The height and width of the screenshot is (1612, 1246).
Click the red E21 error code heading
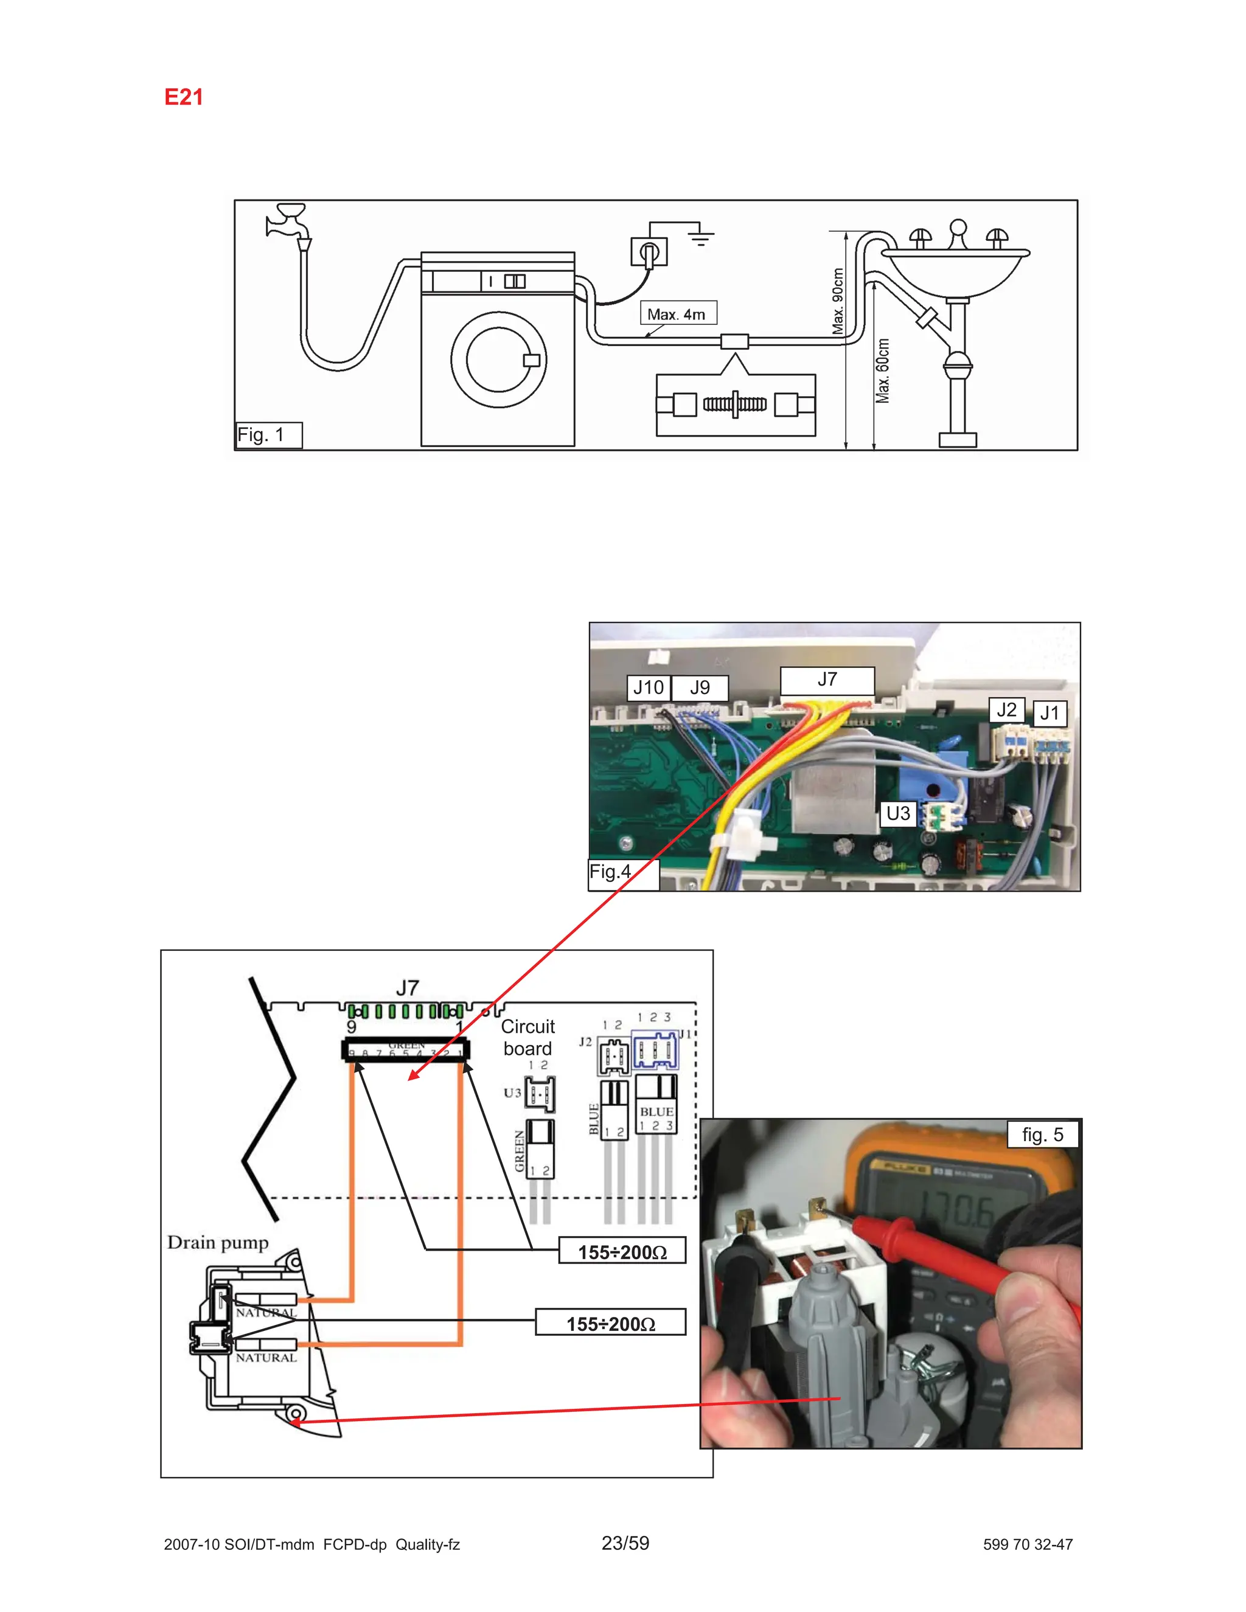[x=183, y=97]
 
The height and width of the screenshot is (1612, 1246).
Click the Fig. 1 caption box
[x=268, y=435]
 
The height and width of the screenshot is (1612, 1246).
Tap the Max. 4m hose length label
[x=677, y=314]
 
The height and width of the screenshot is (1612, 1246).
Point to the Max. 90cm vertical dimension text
[x=838, y=301]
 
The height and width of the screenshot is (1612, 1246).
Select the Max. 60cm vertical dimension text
[x=883, y=370]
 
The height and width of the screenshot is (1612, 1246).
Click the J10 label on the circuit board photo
[x=648, y=688]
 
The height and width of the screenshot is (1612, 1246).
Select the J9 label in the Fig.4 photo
[x=699, y=688]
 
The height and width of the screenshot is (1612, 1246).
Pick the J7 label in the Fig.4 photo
[x=827, y=679]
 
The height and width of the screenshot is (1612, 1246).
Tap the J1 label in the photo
[x=1049, y=713]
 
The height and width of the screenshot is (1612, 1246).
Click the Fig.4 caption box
[x=611, y=872]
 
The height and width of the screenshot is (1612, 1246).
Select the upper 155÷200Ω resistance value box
[x=622, y=1252]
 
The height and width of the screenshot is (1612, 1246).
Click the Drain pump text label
[x=218, y=1243]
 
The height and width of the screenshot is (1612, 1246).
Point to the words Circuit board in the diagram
[x=527, y=1037]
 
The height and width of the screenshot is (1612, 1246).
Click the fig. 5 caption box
[x=1042, y=1134]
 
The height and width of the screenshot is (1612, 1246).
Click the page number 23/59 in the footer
[x=625, y=1543]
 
